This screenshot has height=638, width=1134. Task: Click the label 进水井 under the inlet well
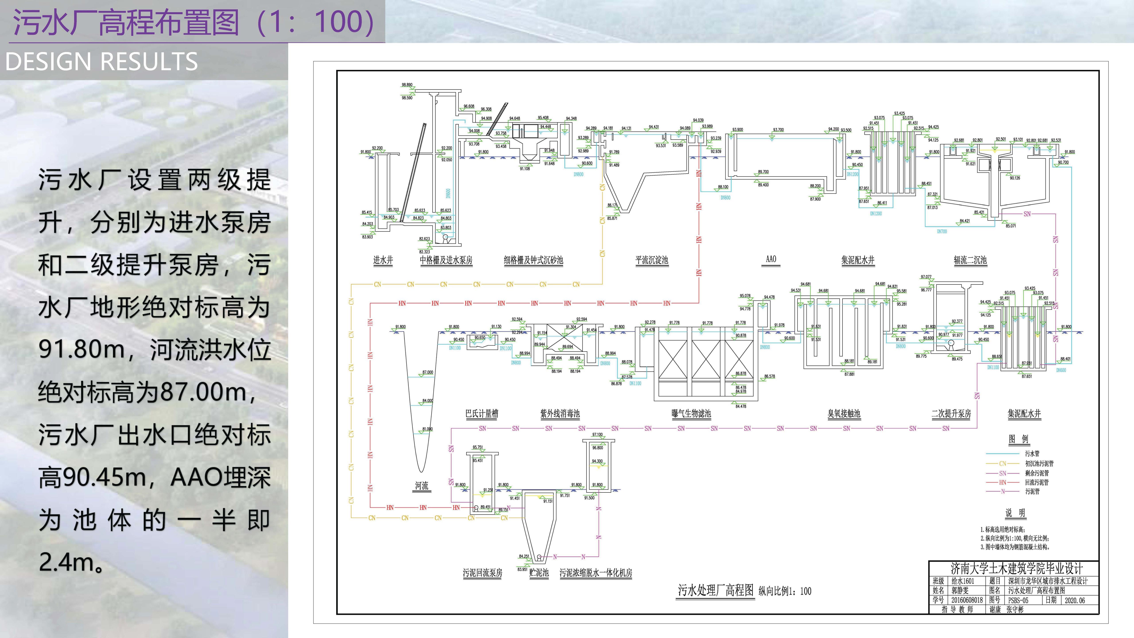[383, 260]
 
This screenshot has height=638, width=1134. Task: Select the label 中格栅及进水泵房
[446, 260]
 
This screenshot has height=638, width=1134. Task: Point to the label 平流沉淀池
[652, 260]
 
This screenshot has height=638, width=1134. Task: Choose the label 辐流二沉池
[970, 260]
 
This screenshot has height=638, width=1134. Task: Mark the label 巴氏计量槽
[482, 414]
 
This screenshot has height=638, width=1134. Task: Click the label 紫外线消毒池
[560, 414]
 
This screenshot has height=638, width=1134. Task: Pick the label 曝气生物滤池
[691, 414]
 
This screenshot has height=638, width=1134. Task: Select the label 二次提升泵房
[951, 414]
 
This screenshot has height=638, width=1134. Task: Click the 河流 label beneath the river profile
[421, 486]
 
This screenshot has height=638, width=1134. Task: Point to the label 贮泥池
[539, 573]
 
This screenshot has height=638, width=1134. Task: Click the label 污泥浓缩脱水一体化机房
[596, 573]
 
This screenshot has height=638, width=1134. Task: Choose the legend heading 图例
[1019, 439]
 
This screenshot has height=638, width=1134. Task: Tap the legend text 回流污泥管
[1037, 482]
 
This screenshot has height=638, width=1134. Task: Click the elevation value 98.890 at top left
[407, 85]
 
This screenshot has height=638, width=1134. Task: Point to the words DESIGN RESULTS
[101, 62]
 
